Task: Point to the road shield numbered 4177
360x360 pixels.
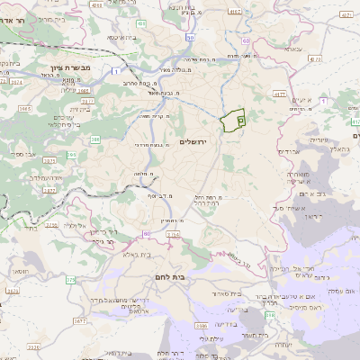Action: point(279,93)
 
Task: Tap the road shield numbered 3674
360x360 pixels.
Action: point(16,81)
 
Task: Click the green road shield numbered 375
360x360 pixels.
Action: point(70,280)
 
